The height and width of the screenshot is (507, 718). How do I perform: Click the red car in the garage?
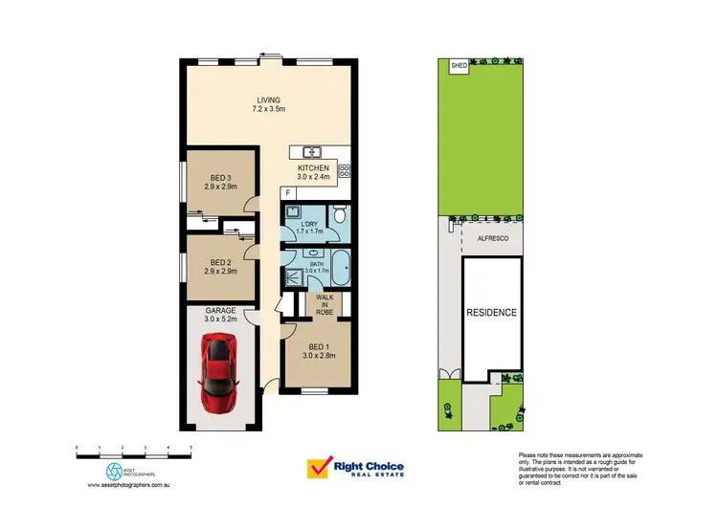pyautogui.click(x=218, y=371)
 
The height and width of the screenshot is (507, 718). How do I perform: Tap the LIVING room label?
pyautogui.click(x=269, y=99)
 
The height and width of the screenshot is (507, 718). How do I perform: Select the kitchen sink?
pyautogui.click(x=311, y=152)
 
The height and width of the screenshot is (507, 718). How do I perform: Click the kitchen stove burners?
pyautogui.click(x=344, y=172)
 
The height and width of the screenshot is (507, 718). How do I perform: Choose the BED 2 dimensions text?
pyautogui.click(x=221, y=272)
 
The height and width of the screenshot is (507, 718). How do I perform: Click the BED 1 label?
pyautogui.click(x=317, y=346)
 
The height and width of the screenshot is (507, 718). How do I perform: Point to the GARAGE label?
pyautogui.click(x=221, y=311)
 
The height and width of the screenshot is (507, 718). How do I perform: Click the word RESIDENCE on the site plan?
pyautogui.click(x=491, y=313)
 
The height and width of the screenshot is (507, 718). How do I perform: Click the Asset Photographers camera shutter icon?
pyautogui.click(x=115, y=471)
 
